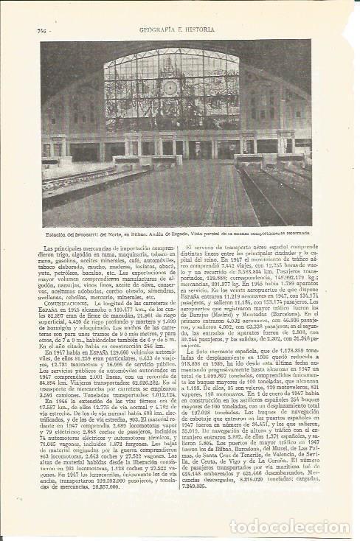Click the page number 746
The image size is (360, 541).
(x=42, y=30)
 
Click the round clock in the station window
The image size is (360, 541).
(x=171, y=88)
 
